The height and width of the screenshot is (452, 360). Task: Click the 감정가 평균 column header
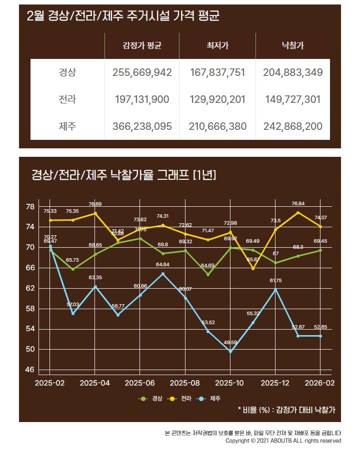pyautogui.click(x=142, y=46)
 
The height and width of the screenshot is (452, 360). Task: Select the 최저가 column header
pyautogui.click(x=217, y=46)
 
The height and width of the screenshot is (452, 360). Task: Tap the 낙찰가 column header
pyautogui.click(x=292, y=46)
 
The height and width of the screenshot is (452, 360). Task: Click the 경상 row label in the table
pyautogui.click(x=67, y=72)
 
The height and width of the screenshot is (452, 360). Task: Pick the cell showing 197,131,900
pyautogui.click(x=142, y=99)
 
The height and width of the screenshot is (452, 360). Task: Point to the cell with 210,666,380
pyautogui.click(x=217, y=126)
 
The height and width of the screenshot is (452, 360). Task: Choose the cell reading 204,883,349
pyautogui.click(x=292, y=72)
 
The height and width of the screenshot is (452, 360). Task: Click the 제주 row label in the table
pyautogui.click(x=67, y=126)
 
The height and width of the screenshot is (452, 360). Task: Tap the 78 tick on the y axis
pyautogui.click(x=30, y=207)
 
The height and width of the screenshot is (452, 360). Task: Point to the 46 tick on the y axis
pyautogui.click(x=30, y=370)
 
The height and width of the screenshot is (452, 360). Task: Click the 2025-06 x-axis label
pyautogui.click(x=140, y=383)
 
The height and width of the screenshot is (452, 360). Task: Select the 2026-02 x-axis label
pyautogui.click(x=320, y=383)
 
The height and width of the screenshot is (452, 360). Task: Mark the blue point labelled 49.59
pyautogui.click(x=230, y=351)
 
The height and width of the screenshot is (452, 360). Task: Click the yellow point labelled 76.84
pyautogui.click(x=298, y=213)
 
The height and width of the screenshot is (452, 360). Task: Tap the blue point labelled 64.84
pyautogui.click(x=162, y=274)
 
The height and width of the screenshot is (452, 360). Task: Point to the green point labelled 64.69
pyautogui.click(x=208, y=274)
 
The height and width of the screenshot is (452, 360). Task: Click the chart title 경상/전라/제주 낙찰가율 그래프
pyautogui.click(x=123, y=175)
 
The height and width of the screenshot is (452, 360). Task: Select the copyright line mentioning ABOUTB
pyautogui.click(x=283, y=441)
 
